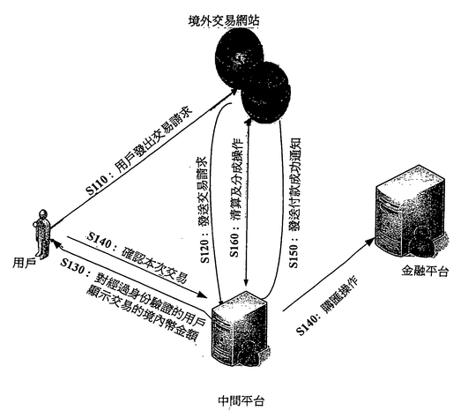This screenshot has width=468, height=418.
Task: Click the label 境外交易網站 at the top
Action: point(224,20)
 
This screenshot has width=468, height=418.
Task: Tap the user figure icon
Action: point(42,234)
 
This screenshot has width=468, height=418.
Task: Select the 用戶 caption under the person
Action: point(25,263)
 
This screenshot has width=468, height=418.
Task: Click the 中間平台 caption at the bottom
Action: point(241,401)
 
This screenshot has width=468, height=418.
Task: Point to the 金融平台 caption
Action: point(425,271)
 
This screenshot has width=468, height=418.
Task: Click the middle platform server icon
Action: point(239,328)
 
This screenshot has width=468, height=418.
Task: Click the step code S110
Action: point(96,185)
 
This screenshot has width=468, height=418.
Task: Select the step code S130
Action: point(72,265)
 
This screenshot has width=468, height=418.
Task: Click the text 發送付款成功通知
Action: point(294,184)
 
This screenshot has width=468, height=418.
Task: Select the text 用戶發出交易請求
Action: point(154,141)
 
